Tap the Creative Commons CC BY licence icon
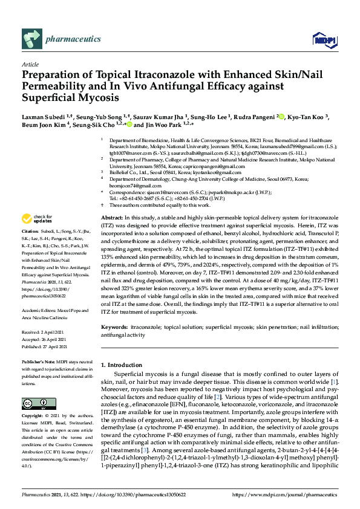(x=39, y=403)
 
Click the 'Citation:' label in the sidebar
(x=30, y=232)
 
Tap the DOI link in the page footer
(x=134, y=494)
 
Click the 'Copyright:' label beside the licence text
(x=32, y=417)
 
